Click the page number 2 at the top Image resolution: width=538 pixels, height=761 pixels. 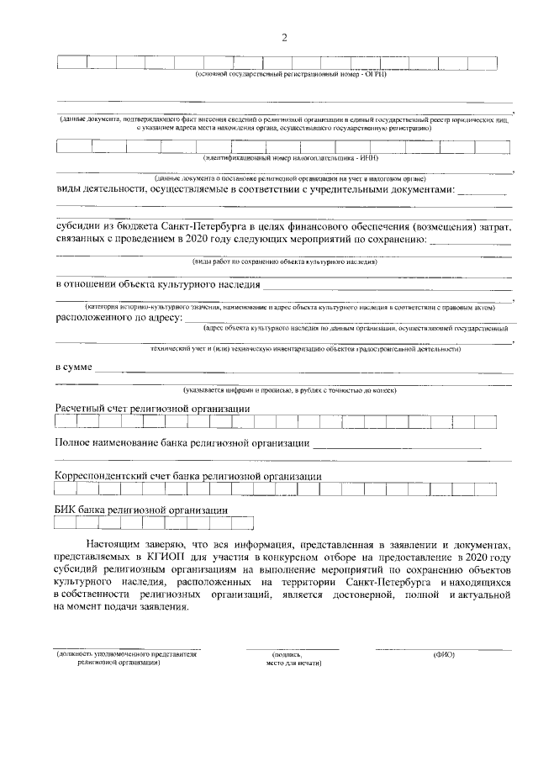(x=284, y=38)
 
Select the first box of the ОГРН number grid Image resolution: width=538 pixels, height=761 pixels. (x=71, y=61)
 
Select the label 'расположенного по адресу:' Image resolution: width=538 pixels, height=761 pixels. (x=119, y=318)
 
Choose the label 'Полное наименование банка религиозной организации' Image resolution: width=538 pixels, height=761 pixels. (x=182, y=442)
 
